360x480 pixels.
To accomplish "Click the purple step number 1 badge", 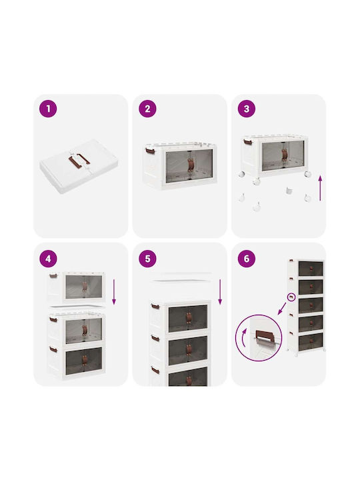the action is [x=48, y=109].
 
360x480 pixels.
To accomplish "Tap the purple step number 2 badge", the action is [x=147, y=109].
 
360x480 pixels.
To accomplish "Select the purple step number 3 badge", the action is [x=247, y=109].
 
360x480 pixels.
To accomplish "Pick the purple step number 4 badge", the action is [x=48, y=259].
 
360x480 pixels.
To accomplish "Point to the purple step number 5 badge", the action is [x=147, y=259].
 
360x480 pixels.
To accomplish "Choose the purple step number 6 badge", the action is [x=247, y=259].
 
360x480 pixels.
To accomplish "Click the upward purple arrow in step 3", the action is [x=320, y=188].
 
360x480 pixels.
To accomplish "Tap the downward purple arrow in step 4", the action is [x=114, y=292].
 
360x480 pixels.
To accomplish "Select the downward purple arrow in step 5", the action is [x=220, y=292].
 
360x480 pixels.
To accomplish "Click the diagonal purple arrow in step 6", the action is [x=282, y=309].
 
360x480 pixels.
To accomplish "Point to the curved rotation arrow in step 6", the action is [x=243, y=337].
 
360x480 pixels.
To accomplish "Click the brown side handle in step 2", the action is [x=149, y=151].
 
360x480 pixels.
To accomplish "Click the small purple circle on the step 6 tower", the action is [x=291, y=297].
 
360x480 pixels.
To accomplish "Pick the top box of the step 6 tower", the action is [x=306, y=268].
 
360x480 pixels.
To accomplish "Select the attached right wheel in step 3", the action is [x=307, y=174].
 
